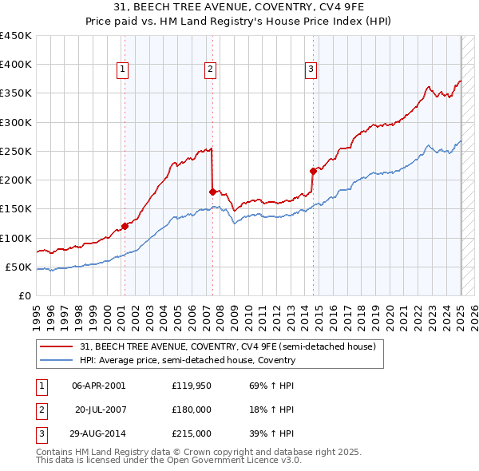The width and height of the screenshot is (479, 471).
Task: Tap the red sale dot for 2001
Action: click(x=125, y=226)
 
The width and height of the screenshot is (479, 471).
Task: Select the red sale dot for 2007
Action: click(x=212, y=192)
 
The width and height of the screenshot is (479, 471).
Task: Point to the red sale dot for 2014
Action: click(x=313, y=171)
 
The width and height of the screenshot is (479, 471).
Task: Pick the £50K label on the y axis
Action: click(x=19, y=267)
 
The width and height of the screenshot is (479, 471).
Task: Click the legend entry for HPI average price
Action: click(x=188, y=360)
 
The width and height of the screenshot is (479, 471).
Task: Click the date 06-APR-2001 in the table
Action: click(x=98, y=386)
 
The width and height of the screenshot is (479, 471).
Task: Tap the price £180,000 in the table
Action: click(x=191, y=410)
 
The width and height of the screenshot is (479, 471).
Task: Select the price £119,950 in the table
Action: click(x=191, y=386)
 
